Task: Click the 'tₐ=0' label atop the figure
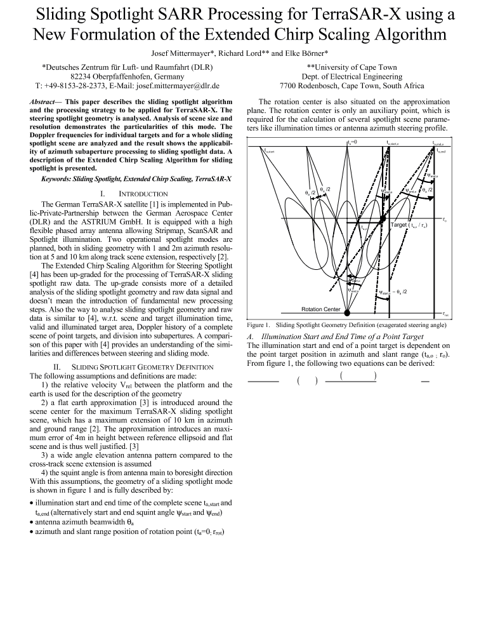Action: (353, 142)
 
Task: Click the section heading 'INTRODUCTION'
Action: (145, 192)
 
